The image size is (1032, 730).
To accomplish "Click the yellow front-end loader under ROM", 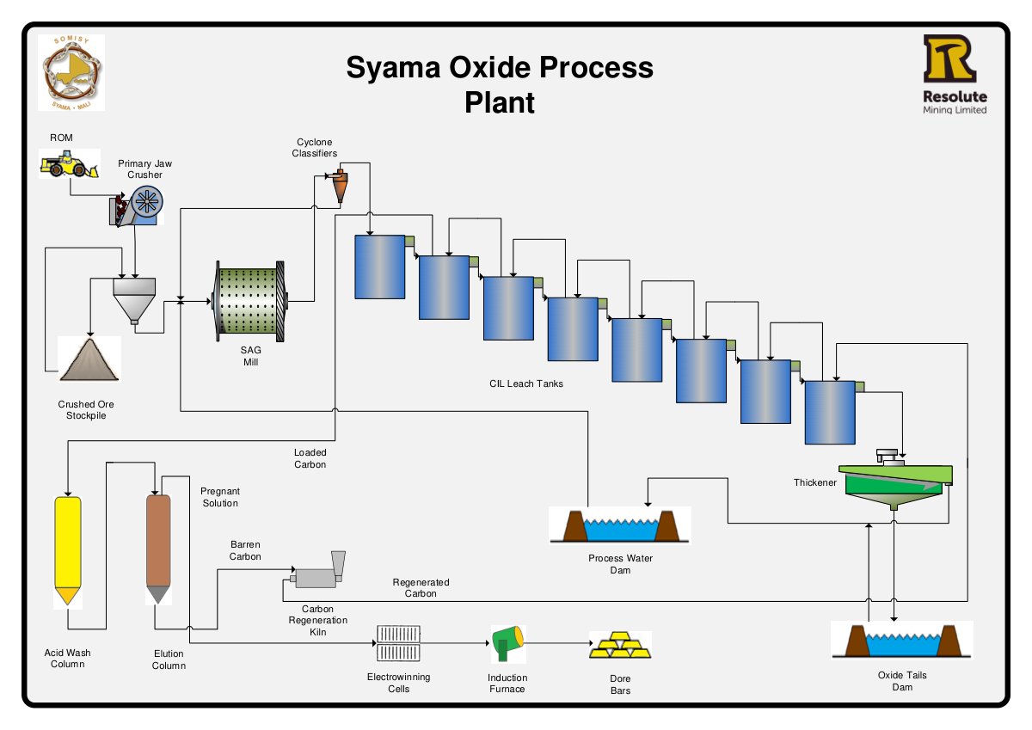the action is (69, 164).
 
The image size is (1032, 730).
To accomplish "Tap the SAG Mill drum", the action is (249, 301).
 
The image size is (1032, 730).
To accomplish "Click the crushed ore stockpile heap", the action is (89, 360).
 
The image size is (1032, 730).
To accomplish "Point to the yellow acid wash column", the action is (68, 550).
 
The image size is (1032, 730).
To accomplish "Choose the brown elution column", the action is (158, 549).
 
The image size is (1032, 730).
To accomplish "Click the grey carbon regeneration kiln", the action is (318, 571).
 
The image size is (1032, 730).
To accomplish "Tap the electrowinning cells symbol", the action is (398, 643).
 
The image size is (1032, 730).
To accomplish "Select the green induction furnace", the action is (507, 643).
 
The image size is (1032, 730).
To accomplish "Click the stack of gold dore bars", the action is (620, 644).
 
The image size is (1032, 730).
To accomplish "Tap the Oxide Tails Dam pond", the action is (902, 641).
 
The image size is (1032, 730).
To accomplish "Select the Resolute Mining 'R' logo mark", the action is (949, 58).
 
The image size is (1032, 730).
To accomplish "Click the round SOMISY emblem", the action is (71, 73).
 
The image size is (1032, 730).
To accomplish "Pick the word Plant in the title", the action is (500, 102).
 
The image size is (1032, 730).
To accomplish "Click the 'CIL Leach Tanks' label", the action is (526, 383).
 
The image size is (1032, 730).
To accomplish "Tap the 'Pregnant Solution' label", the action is (220, 497).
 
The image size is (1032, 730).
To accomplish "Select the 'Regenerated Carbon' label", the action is (421, 587).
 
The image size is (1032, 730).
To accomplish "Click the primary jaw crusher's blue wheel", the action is (147, 202).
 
